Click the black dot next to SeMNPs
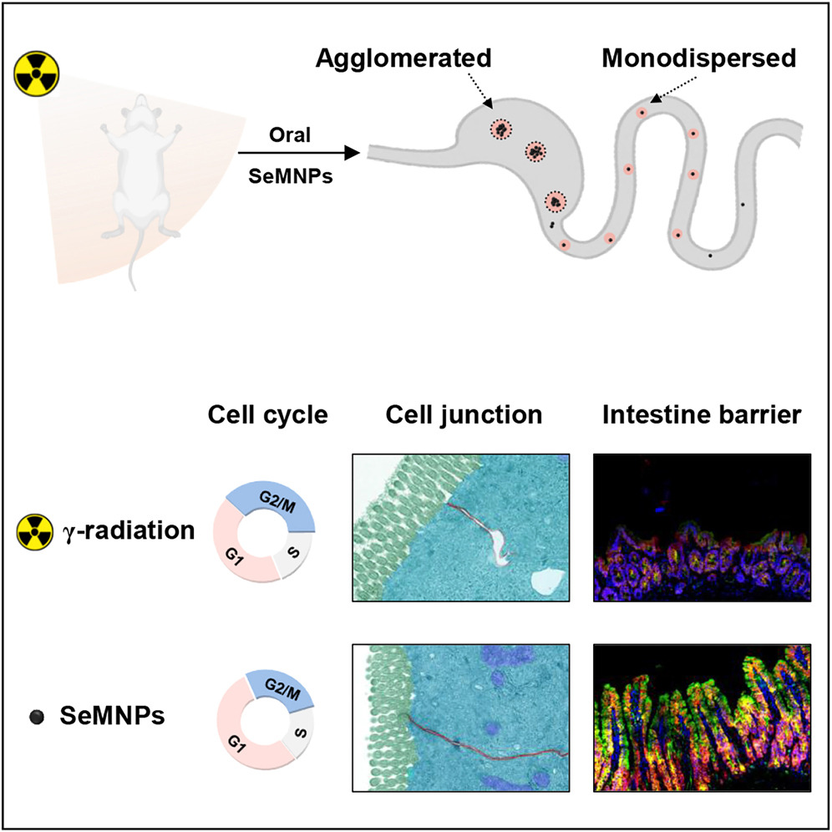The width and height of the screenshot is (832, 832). [x=35, y=717]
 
